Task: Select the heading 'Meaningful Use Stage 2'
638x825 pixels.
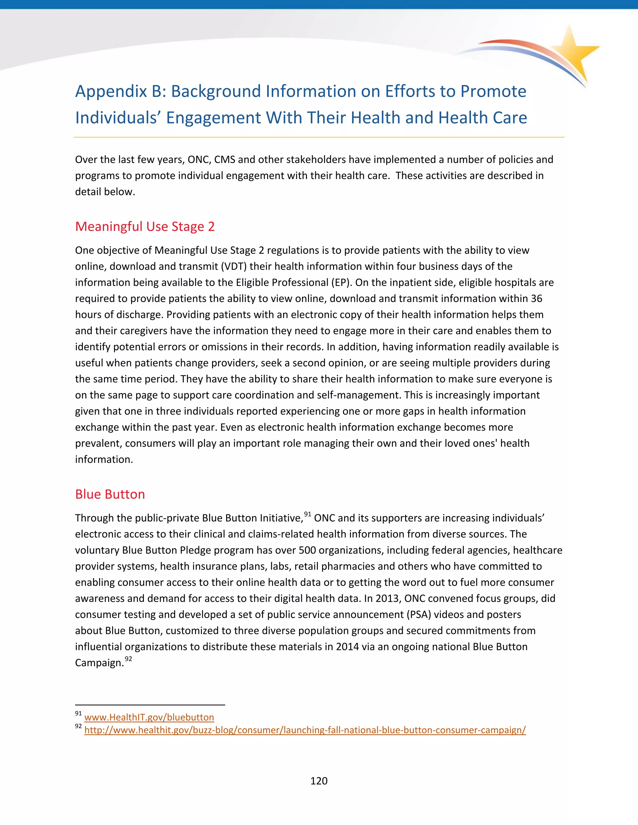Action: [145, 227]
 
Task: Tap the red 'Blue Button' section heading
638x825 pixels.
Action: [110, 494]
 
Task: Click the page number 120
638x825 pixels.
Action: [319, 781]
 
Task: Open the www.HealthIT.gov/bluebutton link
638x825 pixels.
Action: [149, 717]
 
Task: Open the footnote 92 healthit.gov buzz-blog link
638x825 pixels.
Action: [305, 730]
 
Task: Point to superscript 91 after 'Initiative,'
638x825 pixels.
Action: [308, 514]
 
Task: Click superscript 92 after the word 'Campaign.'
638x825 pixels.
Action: [129, 659]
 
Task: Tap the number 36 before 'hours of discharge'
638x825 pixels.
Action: [536, 299]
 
